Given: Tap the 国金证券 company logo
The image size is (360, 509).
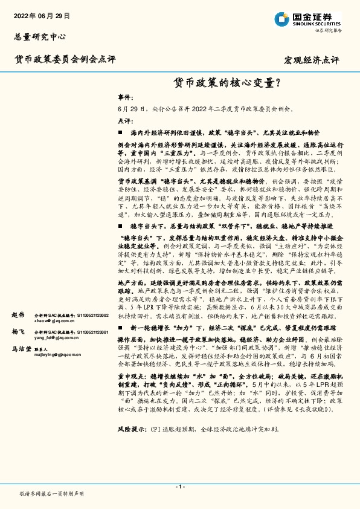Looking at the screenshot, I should [308, 19].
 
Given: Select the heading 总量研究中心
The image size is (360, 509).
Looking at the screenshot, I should [40, 37].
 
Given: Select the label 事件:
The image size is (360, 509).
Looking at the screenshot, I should [124, 97].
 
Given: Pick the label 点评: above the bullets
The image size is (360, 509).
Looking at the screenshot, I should [124, 120].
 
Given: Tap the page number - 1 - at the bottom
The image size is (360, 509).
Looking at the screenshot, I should [180, 486].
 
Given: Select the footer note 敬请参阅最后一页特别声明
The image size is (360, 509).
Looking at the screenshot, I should [52, 493].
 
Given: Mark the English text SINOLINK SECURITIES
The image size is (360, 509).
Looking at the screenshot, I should [317, 23].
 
